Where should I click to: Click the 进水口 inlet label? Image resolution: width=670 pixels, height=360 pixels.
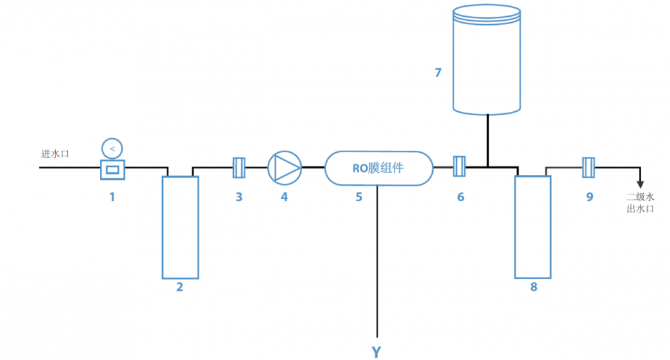55,154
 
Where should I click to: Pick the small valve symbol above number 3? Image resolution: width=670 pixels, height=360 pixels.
239,168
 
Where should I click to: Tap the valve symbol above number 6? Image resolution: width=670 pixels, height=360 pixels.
460,166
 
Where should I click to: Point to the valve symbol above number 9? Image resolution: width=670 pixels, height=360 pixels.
588,168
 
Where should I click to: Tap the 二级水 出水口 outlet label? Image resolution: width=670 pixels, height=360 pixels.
640,202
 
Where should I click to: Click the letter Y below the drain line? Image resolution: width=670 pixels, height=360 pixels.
376,352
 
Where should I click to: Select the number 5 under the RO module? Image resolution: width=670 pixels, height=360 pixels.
359,197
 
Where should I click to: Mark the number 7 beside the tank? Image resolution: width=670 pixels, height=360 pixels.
438,72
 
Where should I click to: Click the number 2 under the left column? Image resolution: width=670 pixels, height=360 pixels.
180,287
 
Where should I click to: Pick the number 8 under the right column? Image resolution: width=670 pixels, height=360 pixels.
534,287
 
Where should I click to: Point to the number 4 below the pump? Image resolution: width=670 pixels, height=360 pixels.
284,197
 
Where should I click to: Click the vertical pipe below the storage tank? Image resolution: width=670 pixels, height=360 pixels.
488,140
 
